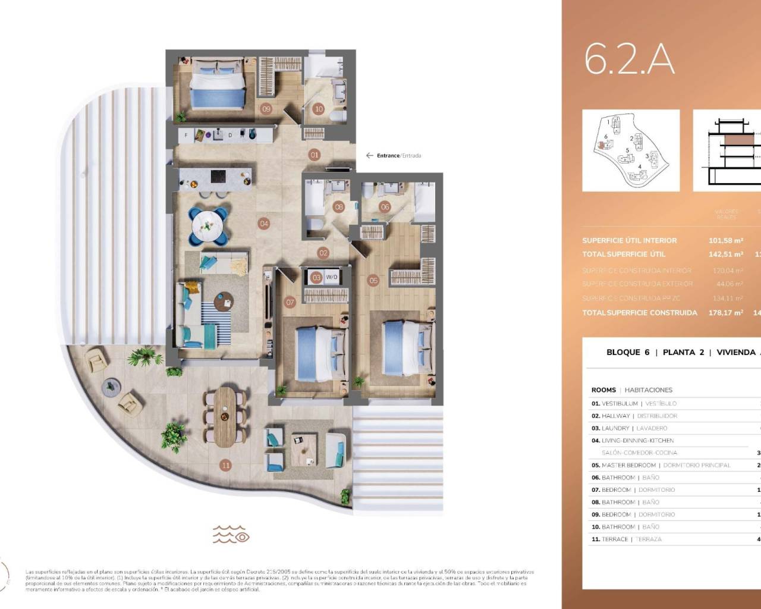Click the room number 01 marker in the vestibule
pos(315,155)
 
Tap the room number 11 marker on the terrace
pos(225,465)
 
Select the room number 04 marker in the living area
pos(264,224)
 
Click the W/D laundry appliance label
pos(331,277)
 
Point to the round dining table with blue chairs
pos(209,225)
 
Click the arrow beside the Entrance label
pos(370,156)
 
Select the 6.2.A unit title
pos(629,59)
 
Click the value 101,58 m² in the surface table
pos(726,241)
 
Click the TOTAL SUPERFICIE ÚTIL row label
pos(624,255)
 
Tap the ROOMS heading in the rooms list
pos(603,390)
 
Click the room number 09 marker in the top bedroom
pos(266,109)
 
